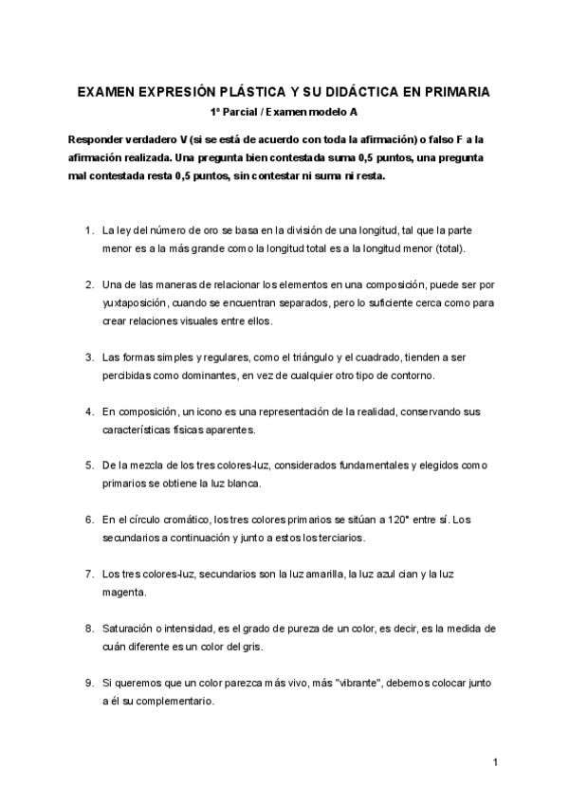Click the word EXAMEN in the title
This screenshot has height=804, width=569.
(x=108, y=93)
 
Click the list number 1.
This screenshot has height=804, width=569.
(x=88, y=230)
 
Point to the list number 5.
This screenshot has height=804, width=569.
(x=88, y=466)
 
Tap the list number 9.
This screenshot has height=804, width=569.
(x=88, y=683)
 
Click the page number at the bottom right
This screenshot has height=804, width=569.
(x=496, y=763)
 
